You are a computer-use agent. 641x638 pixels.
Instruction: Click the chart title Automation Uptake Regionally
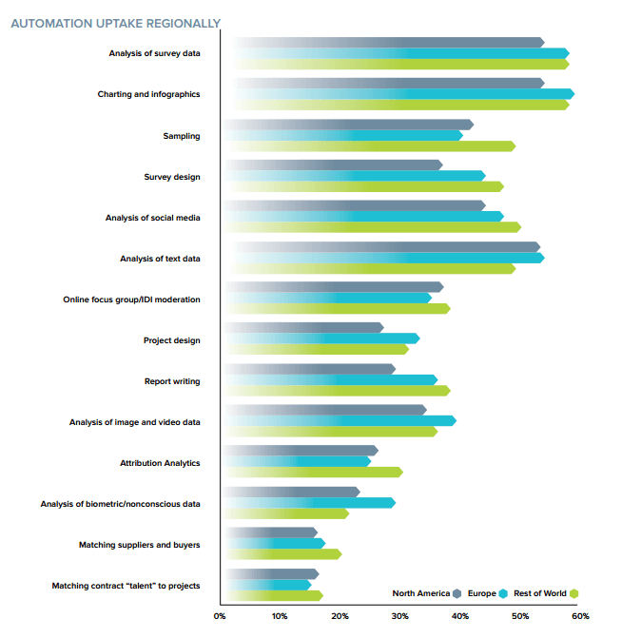tap(115, 23)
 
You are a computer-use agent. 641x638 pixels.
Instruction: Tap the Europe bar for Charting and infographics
tap(399, 94)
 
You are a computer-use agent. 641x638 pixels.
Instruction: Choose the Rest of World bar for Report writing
tap(337, 391)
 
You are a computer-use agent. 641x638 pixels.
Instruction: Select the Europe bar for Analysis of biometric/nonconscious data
tap(308, 502)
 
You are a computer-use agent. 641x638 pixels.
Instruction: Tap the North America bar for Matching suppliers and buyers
tap(270, 532)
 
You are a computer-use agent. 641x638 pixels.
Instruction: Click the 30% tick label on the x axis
tap(400, 616)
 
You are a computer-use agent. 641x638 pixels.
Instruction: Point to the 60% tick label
tap(580, 616)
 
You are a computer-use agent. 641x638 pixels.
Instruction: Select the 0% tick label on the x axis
tap(220, 616)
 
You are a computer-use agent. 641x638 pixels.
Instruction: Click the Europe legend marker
tap(503, 593)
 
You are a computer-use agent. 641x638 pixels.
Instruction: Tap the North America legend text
tap(420, 593)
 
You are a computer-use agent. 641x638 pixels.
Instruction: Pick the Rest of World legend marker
tap(574, 593)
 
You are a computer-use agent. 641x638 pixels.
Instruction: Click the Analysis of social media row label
tap(152, 218)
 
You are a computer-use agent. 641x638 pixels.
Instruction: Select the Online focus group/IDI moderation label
tap(131, 300)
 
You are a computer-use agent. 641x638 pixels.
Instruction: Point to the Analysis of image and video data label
tap(134, 421)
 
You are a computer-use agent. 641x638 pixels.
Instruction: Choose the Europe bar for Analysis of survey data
tap(399, 53)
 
